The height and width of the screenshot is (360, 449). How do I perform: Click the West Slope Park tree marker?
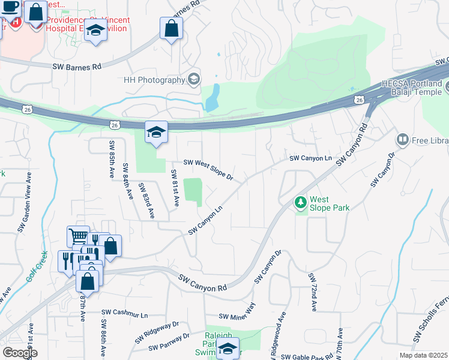pos(300,203)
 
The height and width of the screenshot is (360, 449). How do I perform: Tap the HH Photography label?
pos(153,80)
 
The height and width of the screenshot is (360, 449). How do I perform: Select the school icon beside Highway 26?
pos(155,133)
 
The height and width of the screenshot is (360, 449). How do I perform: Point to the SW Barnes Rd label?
pos(76,67)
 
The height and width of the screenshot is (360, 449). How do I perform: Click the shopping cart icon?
pos(78,236)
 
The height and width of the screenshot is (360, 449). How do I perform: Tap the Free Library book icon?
pos(402,140)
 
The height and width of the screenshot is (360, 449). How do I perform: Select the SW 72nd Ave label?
pos(313,292)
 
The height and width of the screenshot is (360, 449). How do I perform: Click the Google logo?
pos(20,353)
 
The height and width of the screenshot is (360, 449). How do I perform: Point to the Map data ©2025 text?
pos(424,355)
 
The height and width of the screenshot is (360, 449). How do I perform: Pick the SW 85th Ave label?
pos(112,160)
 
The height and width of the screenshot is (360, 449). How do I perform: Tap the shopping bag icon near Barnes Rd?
pos(171,28)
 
